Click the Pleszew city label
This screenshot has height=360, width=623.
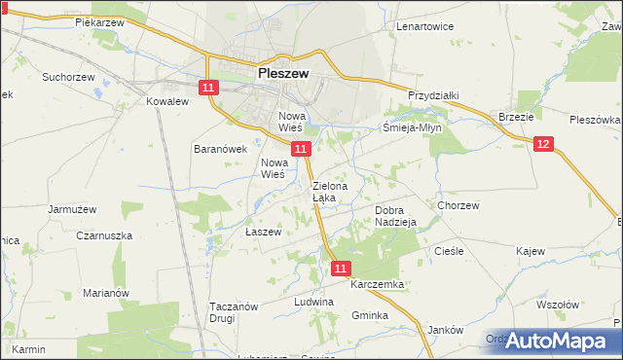coord(283,72)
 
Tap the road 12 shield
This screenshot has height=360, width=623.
coord(543,144)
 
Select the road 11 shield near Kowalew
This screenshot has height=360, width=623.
coord(208,89)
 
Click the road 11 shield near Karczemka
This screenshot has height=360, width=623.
coord(340,268)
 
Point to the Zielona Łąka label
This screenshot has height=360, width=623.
coord(324,192)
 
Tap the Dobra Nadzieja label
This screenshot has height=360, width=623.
coord(395,216)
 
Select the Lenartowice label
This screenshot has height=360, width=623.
coord(424,26)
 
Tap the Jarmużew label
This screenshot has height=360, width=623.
coord(71,208)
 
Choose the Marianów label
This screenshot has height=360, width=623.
coord(106,293)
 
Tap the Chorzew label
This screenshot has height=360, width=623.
coord(458,205)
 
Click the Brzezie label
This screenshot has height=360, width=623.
coord(515,116)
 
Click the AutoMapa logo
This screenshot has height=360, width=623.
coord(556,341)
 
